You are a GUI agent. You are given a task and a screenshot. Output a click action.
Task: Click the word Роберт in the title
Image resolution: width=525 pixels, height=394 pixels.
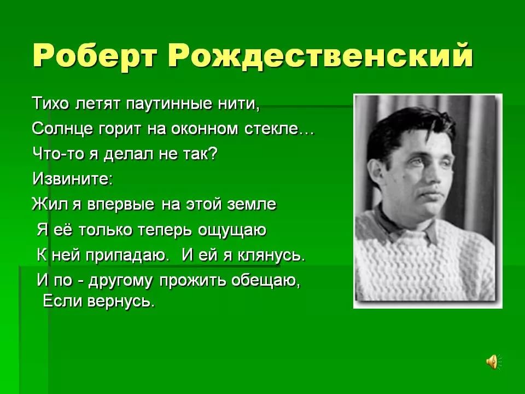click(x=95, y=56)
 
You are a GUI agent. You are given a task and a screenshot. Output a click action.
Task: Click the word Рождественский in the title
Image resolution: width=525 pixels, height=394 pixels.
click(x=320, y=55)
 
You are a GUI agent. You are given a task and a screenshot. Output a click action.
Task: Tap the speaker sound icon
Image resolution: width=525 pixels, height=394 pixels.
click(x=493, y=362)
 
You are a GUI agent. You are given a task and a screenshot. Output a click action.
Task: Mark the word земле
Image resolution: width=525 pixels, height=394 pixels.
click(x=252, y=204)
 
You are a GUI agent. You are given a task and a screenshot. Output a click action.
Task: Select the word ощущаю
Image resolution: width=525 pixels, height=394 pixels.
click(x=232, y=230)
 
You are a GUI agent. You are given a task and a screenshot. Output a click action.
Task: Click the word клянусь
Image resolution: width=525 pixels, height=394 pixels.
click(x=271, y=256)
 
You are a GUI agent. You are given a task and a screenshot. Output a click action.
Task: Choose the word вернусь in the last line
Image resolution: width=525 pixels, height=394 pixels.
click(x=121, y=302)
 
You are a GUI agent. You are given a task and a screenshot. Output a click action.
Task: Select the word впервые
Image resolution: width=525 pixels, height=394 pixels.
click(x=120, y=204)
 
